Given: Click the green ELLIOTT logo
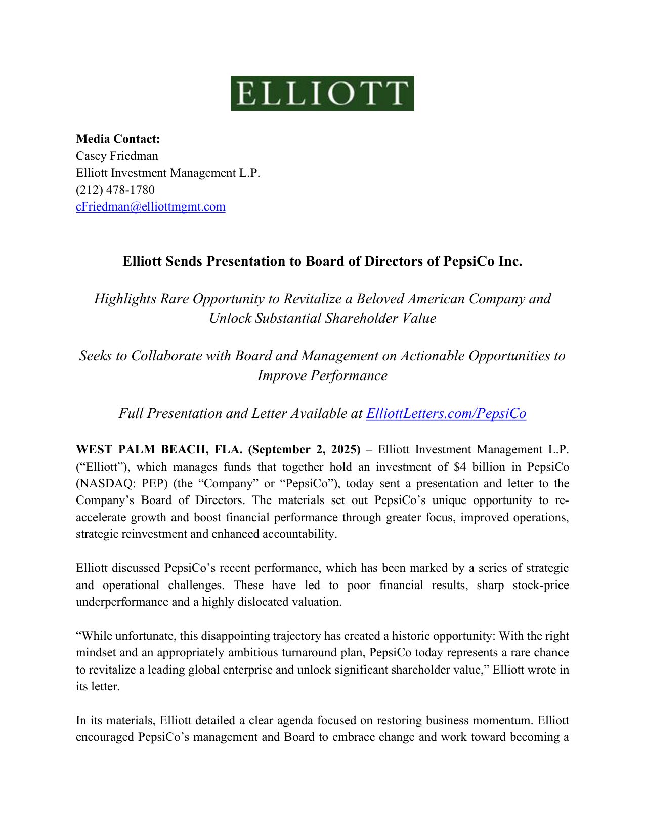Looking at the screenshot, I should [x=322, y=94].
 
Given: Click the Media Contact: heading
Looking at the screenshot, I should [x=118, y=139].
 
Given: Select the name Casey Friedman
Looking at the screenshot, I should [x=117, y=156].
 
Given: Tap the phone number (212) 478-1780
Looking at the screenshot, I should [x=115, y=190].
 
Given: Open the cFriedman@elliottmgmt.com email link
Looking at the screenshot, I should [x=151, y=206].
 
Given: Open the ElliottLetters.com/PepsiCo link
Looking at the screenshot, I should [x=446, y=413].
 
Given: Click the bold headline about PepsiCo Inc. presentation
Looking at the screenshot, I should [x=322, y=261].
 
